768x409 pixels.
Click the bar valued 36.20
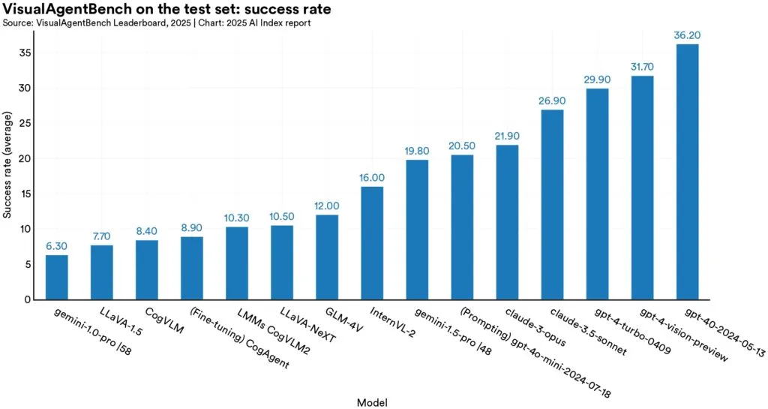[x=687, y=172]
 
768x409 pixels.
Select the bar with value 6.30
[x=57, y=277]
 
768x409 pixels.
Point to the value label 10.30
[x=237, y=218]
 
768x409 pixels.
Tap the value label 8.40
[x=147, y=232]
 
